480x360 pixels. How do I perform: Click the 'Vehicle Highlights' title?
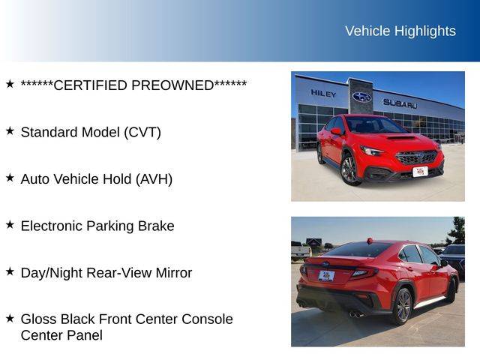(x=400, y=31)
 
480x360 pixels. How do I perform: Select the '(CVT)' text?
(x=142, y=133)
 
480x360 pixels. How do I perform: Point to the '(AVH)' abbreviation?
(x=154, y=179)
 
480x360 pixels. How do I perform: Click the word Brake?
(x=156, y=226)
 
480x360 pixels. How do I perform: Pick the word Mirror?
(x=174, y=273)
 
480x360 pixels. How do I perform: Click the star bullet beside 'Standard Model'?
(x=10, y=131)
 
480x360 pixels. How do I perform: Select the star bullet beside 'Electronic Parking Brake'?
(x=10, y=225)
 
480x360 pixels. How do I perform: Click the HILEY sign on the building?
(x=323, y=93)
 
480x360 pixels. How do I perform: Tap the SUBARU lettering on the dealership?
(x=400, y=103)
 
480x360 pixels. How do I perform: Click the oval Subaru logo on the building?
(x=361, y=97)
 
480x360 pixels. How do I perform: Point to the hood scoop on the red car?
(x=401, y=138)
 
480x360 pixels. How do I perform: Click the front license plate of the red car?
(x=420, y=172)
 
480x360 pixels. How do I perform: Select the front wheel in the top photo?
(x=349, y=170)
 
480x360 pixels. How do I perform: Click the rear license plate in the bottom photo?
(x=326, y=276)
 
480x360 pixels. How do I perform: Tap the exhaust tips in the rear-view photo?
(x=355, y=314)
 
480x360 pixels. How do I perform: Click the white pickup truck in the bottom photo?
(x=301, y=250)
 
